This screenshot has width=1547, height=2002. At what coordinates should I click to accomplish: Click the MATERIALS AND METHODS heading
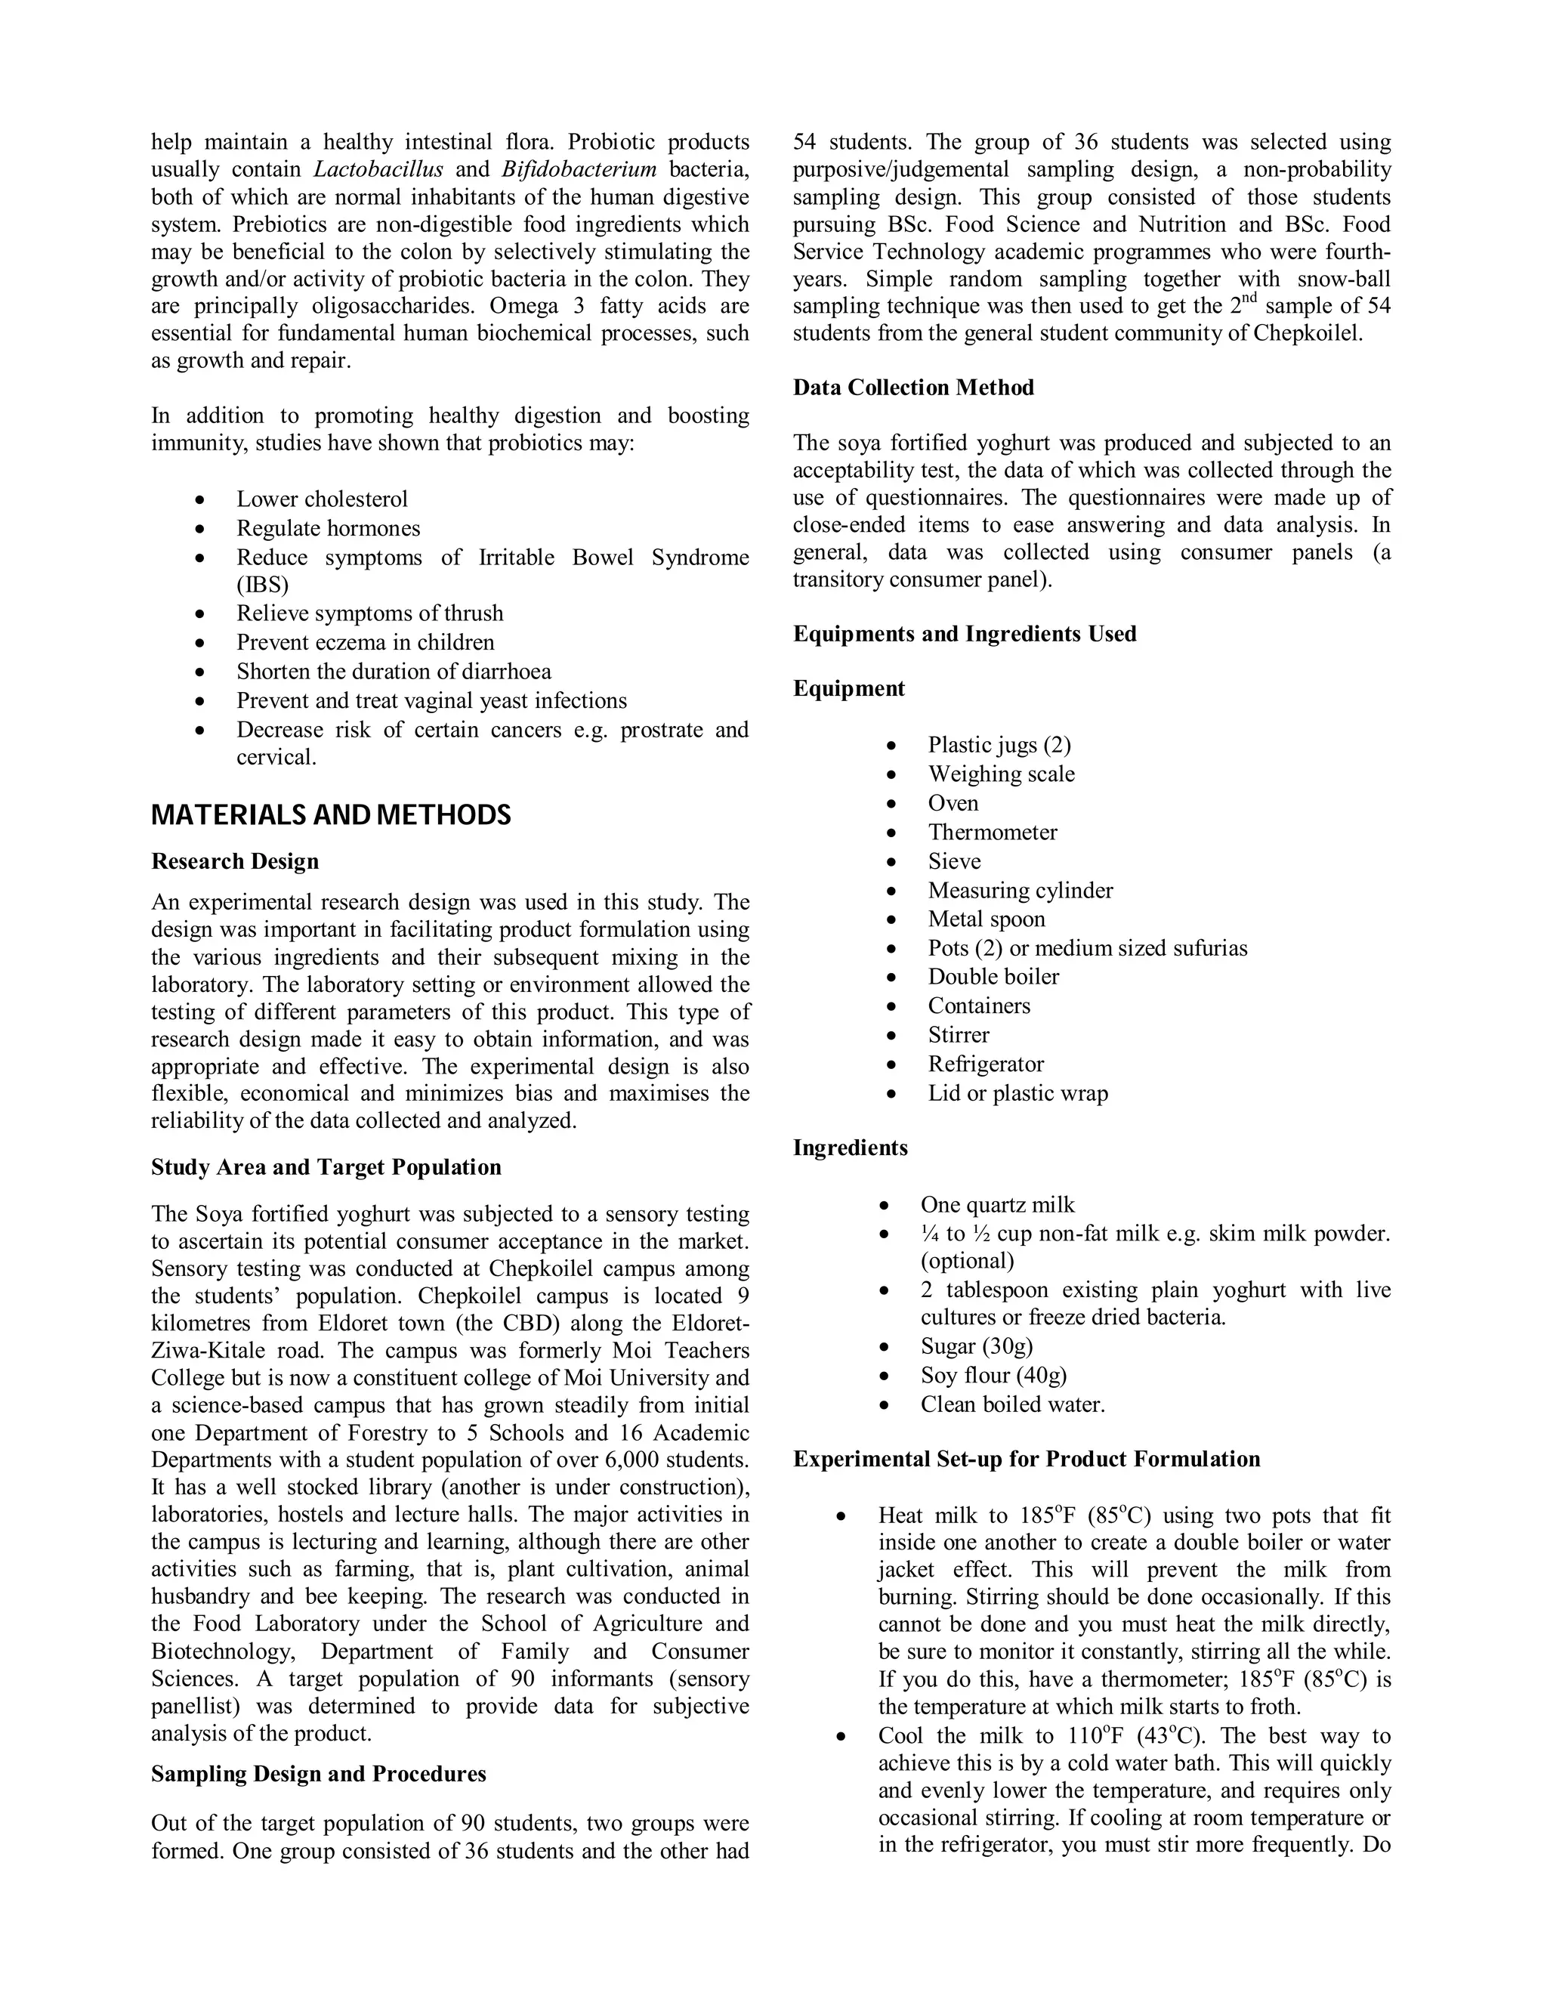coord(331,815)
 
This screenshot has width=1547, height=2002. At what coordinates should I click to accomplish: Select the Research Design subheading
coord(235,862)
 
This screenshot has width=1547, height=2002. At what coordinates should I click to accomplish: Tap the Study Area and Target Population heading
coord(326,1167)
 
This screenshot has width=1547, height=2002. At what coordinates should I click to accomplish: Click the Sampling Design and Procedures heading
coord(318,1774)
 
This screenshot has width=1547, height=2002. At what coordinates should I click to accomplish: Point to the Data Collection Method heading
coord(912,388)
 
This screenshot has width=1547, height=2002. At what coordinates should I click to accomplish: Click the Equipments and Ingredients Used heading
coord(964,635)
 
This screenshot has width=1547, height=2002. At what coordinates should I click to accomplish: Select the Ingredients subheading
coord(850,1148)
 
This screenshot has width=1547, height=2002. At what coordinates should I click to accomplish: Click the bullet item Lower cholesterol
coord(322,499)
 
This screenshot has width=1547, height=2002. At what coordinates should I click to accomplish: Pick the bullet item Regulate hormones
coord(328,529)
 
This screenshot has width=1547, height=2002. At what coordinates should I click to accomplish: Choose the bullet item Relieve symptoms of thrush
coord(369,613)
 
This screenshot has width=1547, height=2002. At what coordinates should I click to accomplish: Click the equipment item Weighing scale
coord(1001,774)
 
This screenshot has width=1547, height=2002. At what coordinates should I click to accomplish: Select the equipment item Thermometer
coord(992,833)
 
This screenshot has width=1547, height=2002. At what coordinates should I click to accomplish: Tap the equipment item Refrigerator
coord(985,1064)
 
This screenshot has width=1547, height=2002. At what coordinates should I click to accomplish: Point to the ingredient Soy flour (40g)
coord(993,1375)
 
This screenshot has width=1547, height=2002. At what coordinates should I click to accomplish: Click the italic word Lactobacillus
coord(378,169)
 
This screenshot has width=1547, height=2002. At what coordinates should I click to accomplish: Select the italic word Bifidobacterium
coord(579,169)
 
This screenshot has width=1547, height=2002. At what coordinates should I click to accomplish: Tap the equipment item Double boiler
coord(993,977)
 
